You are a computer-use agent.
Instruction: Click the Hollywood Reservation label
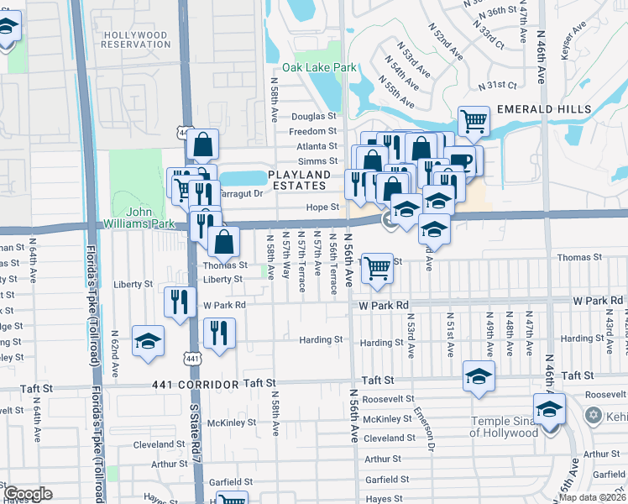pos(135,39)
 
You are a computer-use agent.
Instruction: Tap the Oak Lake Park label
pos(319,67)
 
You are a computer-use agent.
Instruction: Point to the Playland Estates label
pos(299,179)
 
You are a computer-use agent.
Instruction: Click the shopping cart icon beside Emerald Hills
pos(474,121)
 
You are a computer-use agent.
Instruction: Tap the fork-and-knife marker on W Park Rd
pos(179,301)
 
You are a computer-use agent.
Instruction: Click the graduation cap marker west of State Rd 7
pos(149,340)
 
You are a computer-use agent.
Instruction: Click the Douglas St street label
pos(313,117)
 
